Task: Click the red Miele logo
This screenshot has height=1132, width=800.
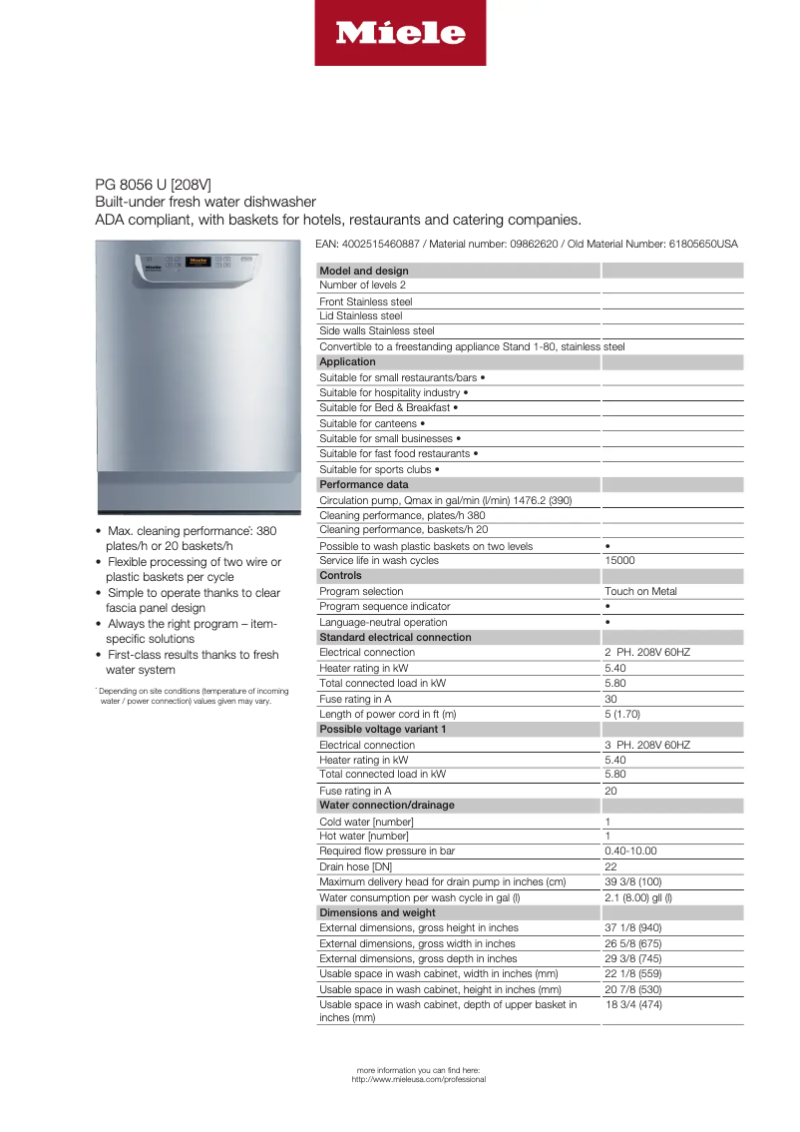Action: (400, 33)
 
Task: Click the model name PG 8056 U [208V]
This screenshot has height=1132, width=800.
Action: (153, 185)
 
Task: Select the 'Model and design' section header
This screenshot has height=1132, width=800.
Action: (363, 271)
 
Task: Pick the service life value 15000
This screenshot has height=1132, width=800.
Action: (619, 561)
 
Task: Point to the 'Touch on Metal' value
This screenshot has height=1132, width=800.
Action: (640, 591)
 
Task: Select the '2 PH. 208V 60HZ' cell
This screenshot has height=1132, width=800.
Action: (646, 652)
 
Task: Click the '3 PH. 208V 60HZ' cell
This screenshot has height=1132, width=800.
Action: (646, 745)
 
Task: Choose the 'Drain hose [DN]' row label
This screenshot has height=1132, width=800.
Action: (355, 866)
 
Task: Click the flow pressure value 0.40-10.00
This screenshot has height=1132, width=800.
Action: (630, 851)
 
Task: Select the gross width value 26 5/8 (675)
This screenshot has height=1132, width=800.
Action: (637, 943)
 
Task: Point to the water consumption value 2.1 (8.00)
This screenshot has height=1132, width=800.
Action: (637, 897)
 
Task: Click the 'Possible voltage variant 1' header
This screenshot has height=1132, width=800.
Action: (382, 729)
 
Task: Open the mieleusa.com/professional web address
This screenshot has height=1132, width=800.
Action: (419, 1079)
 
